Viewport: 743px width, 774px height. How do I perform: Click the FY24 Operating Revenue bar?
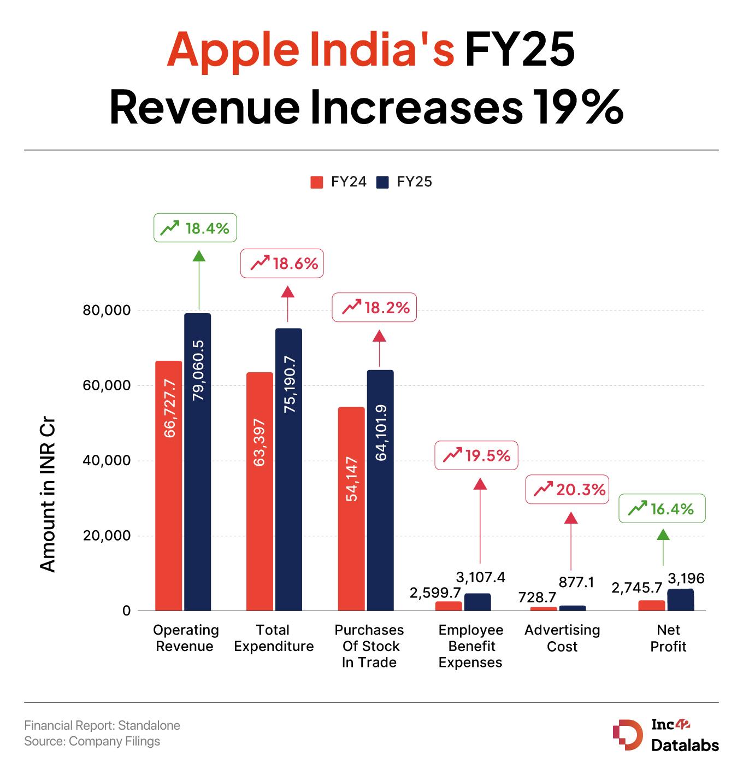tap(168, 485)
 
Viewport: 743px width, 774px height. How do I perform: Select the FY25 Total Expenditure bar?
tap(288, 469)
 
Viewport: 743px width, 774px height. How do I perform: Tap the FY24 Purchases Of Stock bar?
tap(351, 508)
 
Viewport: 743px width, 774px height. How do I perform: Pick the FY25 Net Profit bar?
tap(680, 600)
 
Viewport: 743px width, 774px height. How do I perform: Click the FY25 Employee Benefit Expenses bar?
tap(477, 602)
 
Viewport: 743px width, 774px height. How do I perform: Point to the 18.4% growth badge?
tap(195, 227)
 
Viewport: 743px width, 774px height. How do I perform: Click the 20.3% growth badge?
tap(567, 489)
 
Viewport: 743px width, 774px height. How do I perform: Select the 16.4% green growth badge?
tap(662, 509)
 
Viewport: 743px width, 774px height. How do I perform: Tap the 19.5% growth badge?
tap(476, 455)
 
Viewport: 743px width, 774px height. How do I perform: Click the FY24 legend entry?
tap(338, 182)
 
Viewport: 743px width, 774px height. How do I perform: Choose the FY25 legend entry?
tap(404, 182)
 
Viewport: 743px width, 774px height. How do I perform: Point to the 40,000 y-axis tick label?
tap(107, 460)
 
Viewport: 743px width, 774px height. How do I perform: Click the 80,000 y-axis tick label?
tap(107, 310)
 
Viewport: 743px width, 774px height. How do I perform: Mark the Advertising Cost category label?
tap(562, 638)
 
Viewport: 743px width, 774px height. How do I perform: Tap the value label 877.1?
tap(576, 582)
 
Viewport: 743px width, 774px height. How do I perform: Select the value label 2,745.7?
tap(636, 588)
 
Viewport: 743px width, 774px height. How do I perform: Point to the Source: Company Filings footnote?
tap(92, 741)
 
